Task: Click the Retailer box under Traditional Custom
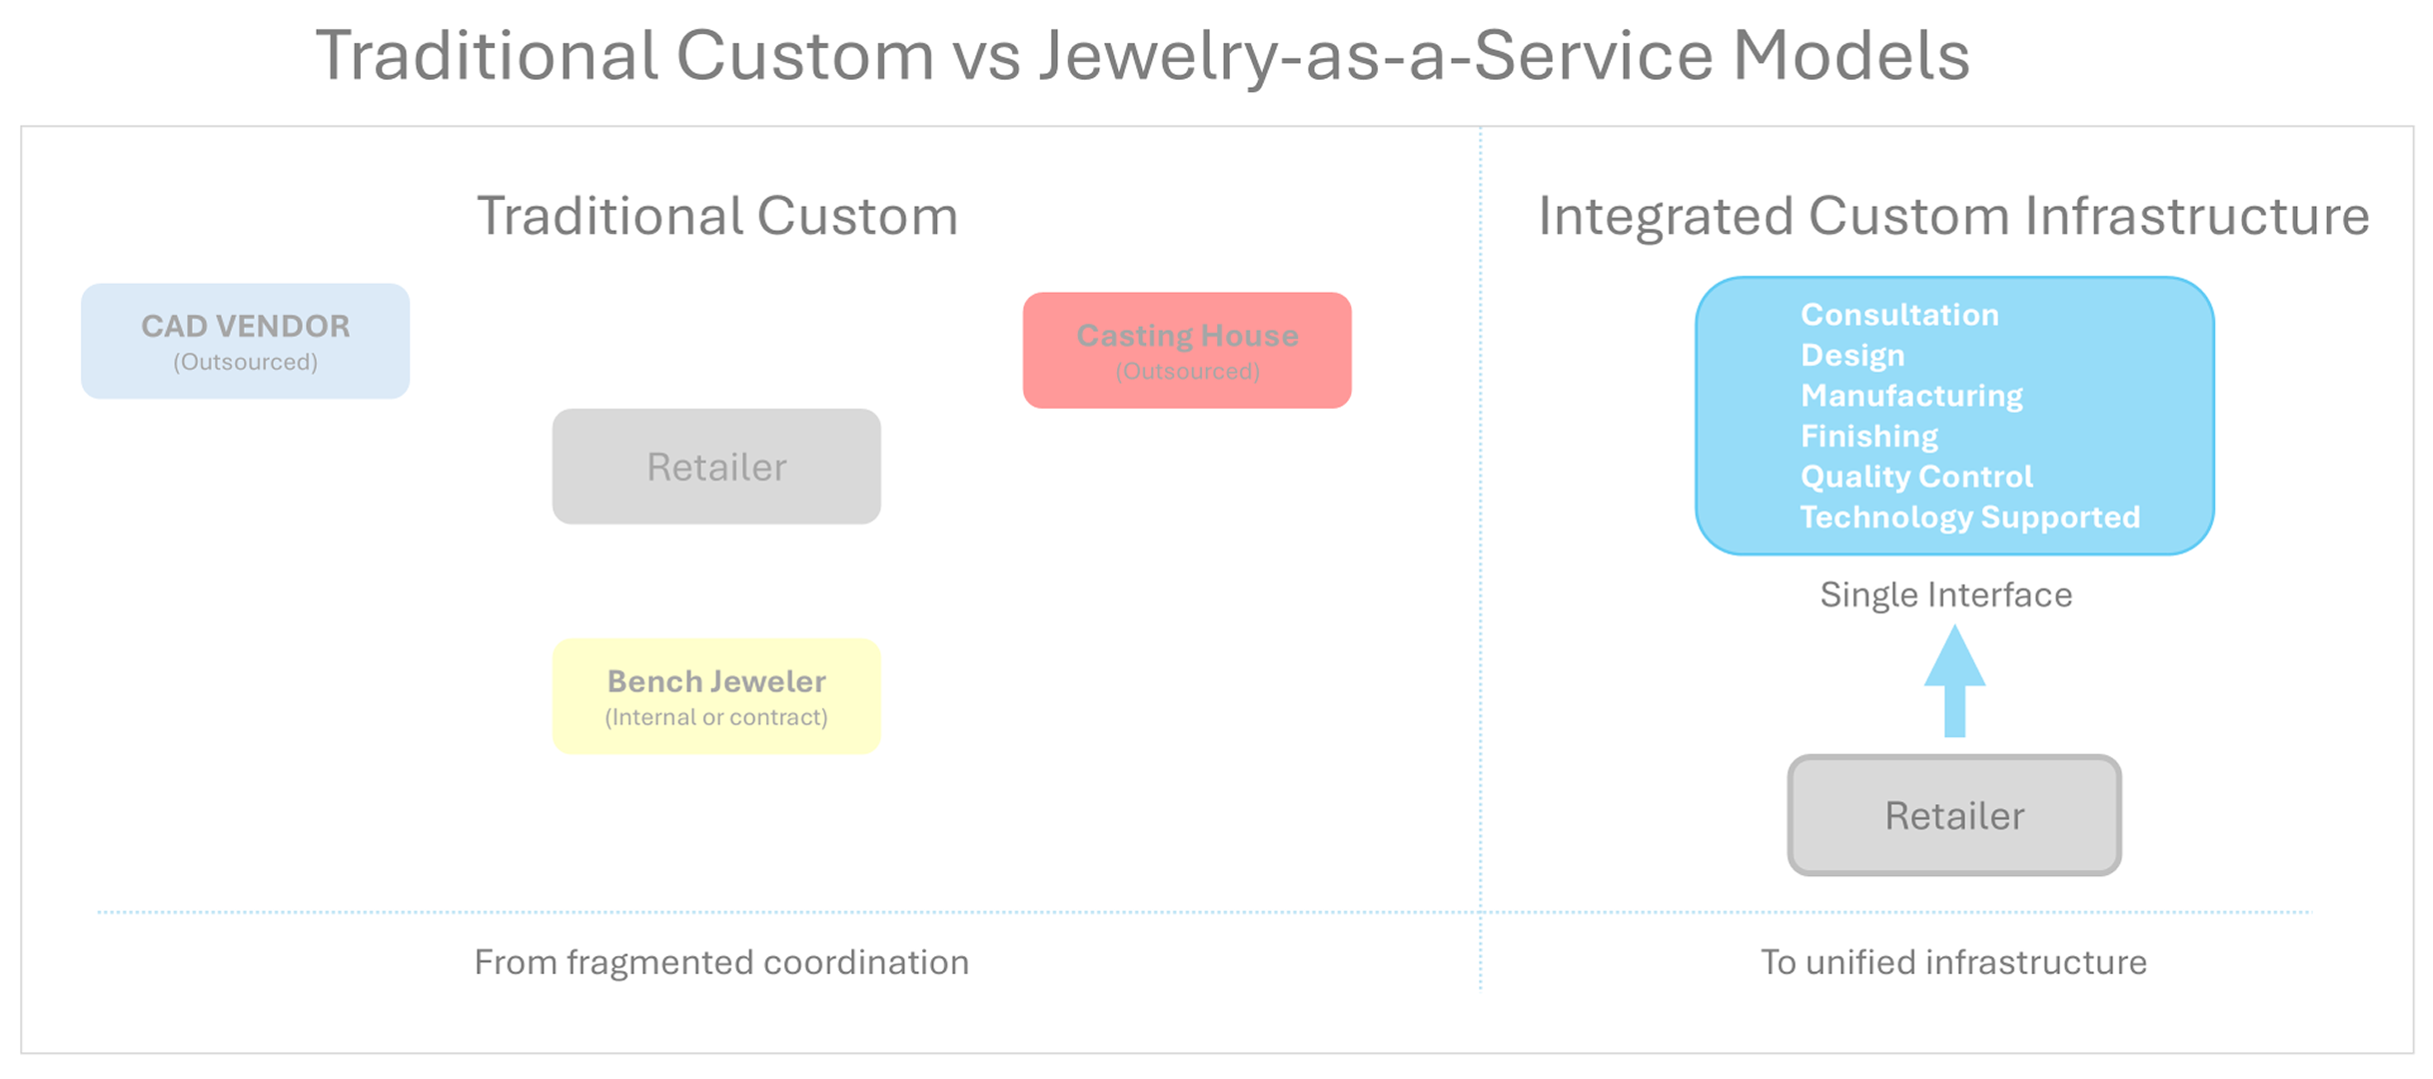click(715, 467)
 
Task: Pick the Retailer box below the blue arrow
click(1953, 815)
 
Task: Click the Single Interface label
click(1945, 595)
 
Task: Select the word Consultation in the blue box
click(1899, 316)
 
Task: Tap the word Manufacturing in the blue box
click(1910, 397)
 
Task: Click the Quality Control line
click(1915, 477)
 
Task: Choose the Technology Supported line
click(1969, 518)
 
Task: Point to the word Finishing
click(1868, 437)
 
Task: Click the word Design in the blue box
click(1851, 356)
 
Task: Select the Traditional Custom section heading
click(716, 216)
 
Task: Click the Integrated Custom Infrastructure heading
click(1952, 216)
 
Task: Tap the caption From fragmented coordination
click(720, 962)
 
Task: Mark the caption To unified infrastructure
click(1952, 962)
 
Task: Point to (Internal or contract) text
click(715, 717)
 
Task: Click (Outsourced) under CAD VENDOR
click(245, 363)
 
